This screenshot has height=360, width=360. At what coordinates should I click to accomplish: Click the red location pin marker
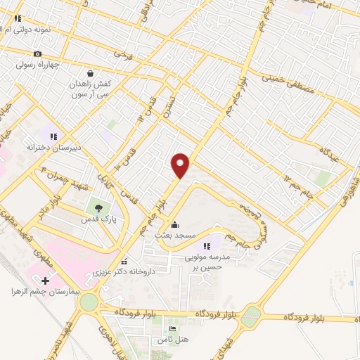point(181,165)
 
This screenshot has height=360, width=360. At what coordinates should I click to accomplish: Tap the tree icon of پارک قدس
point(99,207)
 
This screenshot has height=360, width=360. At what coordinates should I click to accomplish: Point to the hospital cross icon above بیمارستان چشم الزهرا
point(46,281)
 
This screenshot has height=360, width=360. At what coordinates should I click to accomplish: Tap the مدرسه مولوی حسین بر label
point(207,262)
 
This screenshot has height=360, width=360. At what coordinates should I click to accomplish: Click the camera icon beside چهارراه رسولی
point(37,54)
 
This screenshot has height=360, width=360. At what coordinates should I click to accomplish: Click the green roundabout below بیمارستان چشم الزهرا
point(89,302)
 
